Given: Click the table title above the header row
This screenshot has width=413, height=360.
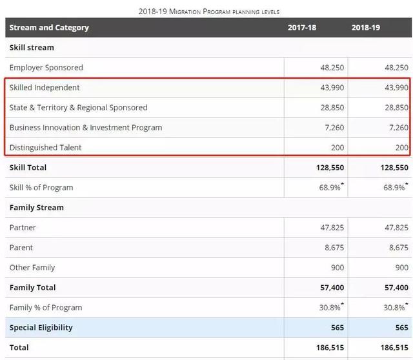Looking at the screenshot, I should [x=208, y=12].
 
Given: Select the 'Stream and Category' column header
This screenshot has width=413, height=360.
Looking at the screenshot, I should [x=49, y=28].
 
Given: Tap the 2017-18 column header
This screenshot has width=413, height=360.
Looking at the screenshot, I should [x=306, y=28].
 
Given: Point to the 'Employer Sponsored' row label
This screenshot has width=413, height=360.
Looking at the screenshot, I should [x=46, y=68].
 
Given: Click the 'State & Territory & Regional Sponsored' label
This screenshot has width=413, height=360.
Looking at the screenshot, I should [x=79, y=108].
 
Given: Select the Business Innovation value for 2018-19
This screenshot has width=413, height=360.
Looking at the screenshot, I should [x=397, y=128].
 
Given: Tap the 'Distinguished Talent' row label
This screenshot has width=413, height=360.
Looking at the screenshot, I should [x=46, y=148].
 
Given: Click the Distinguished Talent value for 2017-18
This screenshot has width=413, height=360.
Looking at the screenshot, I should [x=337, y=148].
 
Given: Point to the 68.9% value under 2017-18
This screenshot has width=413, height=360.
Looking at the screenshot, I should [x=330, y=188].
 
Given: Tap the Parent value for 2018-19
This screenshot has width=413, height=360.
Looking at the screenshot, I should [x=398, y=248].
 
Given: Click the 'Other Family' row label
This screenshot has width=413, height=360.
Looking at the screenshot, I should [x=32, y=268].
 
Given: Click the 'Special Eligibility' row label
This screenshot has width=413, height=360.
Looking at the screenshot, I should [x=41, y=328].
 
